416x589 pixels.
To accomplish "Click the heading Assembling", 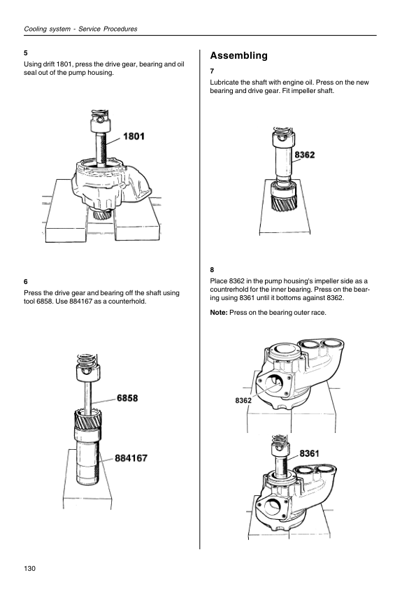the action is pyautogui.click(x=239, y=55).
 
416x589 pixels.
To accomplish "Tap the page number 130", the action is pyautogui.click(x=29, y=568).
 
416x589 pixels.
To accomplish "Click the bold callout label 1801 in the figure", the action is pyautogui.click(x=134, y=136).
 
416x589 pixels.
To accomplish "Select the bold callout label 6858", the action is pyautogui.click(x=127, y=398).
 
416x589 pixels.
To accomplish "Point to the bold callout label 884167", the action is pyautogui.click(x=131, y=458).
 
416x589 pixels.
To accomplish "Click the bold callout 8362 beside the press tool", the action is pyautogui.click(x=305, y=155).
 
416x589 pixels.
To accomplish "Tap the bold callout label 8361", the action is pyautogui.click(x=309, y=453).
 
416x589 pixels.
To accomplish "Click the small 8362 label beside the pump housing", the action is pyautogui.click(x=243, y=400).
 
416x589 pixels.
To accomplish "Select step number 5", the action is pyautogui.click(x=26, y=53).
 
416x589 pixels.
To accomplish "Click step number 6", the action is pyautogui.click(x=26, y=282).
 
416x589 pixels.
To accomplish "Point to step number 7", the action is pyautogui.click(x=212, y=71).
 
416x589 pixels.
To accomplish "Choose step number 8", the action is pyautogui.click(x=212, y=270).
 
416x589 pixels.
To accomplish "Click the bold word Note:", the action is pyautogui.click(x=219, y=313).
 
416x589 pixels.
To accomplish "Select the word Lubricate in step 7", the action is pyautogui.click(x=224, y=83).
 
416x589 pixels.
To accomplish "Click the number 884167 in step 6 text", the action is pyautogui.click(x=82, y=301).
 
